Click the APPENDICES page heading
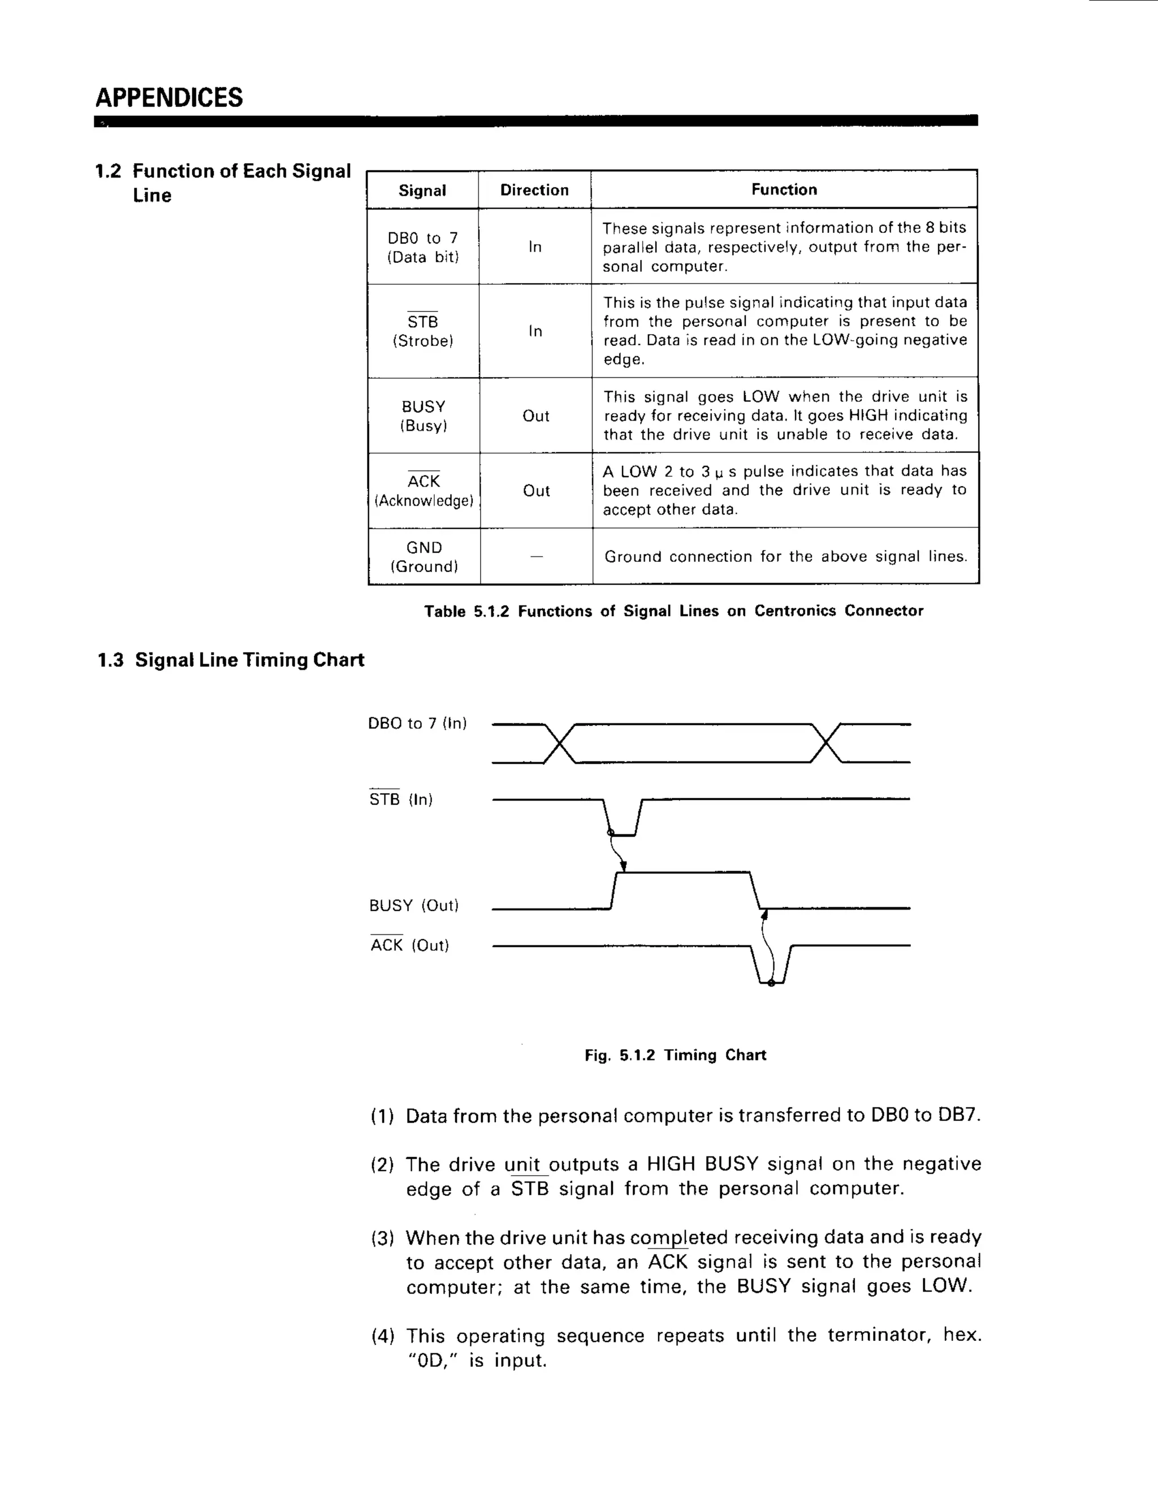168,97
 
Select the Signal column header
422,190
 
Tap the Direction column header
534,190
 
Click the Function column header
784,189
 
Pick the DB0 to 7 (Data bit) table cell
422,247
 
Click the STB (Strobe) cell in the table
422,331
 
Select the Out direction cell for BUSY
536,415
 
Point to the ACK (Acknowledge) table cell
424,491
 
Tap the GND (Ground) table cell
424,556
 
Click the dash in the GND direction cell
537,556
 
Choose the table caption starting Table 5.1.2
673,611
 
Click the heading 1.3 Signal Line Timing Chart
231,660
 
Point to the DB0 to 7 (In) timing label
417,723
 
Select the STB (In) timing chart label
401,799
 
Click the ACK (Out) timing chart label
409,945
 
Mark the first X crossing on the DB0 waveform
559,743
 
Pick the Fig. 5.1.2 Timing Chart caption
675,1055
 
